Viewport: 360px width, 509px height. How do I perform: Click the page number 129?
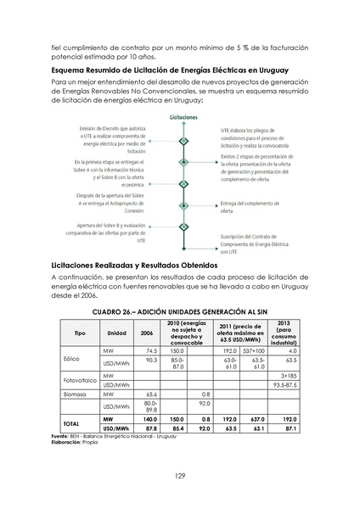click(x=180, y=474)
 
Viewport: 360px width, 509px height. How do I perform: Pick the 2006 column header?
click(x=146, y=333)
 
